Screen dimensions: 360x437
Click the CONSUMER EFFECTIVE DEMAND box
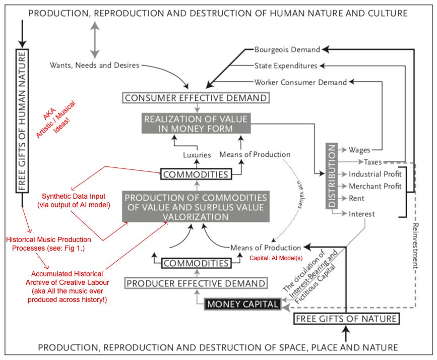pyautogui.click(x=196, y=97)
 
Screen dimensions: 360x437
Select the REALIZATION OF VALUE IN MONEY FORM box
pyautogui.click(x=196, y=124)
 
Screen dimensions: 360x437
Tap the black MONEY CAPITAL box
pyautogui.click(x=241, y=304)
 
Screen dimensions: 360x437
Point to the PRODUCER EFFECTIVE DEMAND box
pyautogui.click(x=196, y=283)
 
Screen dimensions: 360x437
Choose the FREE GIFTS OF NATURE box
pyautogui.click(x=346, y=319)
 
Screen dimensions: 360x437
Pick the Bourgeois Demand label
pyautogui.click(x=287, y=50)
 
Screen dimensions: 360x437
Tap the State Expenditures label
pyautogui.click(x=285, y=66)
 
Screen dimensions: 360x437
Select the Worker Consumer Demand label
pyautogui.click(x=300, y=82)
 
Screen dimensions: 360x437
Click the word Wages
pyautogui.click(x=359, y=150)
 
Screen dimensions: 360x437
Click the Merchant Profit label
pyautogui.click(x=375, y=186)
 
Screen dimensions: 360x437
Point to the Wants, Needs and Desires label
pyautogui.click(x=95, y=65)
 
